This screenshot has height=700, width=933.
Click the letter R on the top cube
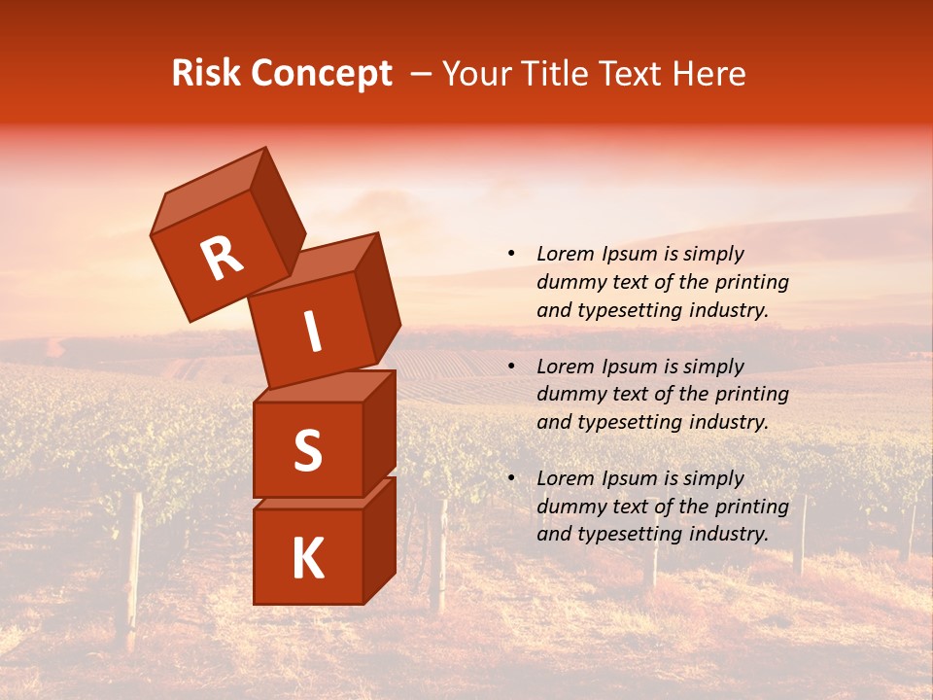(x=222, y=260)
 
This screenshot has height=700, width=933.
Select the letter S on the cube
(x=307, y=449)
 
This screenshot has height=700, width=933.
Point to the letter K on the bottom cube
(x=307, y=558)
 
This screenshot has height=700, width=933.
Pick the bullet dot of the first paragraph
(x=511, y=255)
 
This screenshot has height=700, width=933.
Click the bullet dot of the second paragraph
(x=511, y=367)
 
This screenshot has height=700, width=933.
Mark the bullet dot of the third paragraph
(x=511, y=478)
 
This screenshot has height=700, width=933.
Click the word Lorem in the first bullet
(x=564, y=255)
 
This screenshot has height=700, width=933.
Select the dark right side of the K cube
(x=379, y=541)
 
